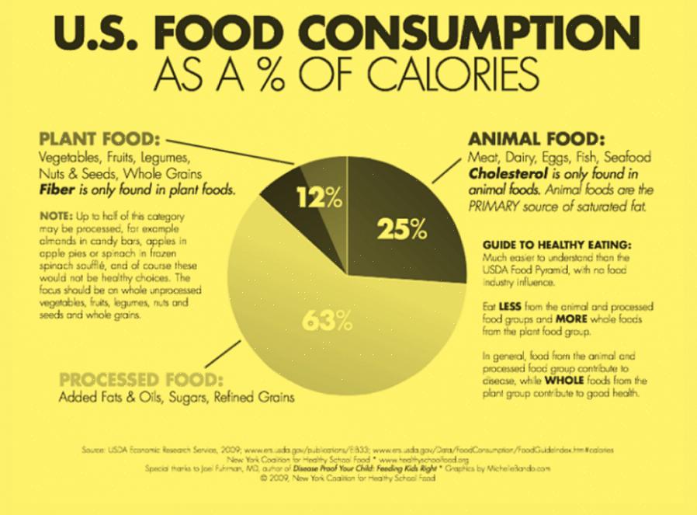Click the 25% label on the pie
tap(401, 229)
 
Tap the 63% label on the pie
tap(327, 320)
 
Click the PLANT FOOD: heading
tap(99, 140)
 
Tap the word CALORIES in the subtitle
tap(439, 75)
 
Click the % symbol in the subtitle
tap(262, 75)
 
